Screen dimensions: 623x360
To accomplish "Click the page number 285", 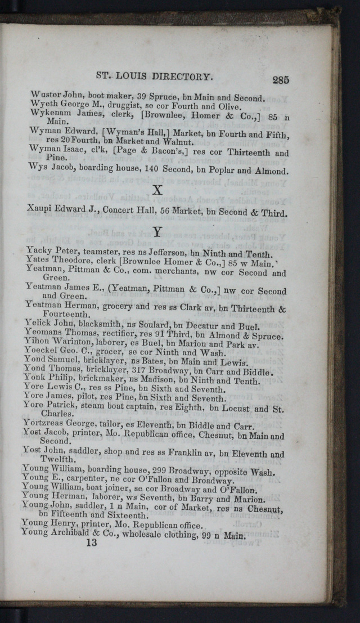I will pyautogui.click(x=280, y=79).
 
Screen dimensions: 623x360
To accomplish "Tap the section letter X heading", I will pyautogui.click(x=157, y=190).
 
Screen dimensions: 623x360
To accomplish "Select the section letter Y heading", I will pyautogui.click(x=157, y=231).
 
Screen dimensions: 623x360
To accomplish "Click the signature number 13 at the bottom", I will pyautogui.click(x=91, y=543).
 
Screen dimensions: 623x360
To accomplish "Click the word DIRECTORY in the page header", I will pyautogui.click(x=181, y=76).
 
